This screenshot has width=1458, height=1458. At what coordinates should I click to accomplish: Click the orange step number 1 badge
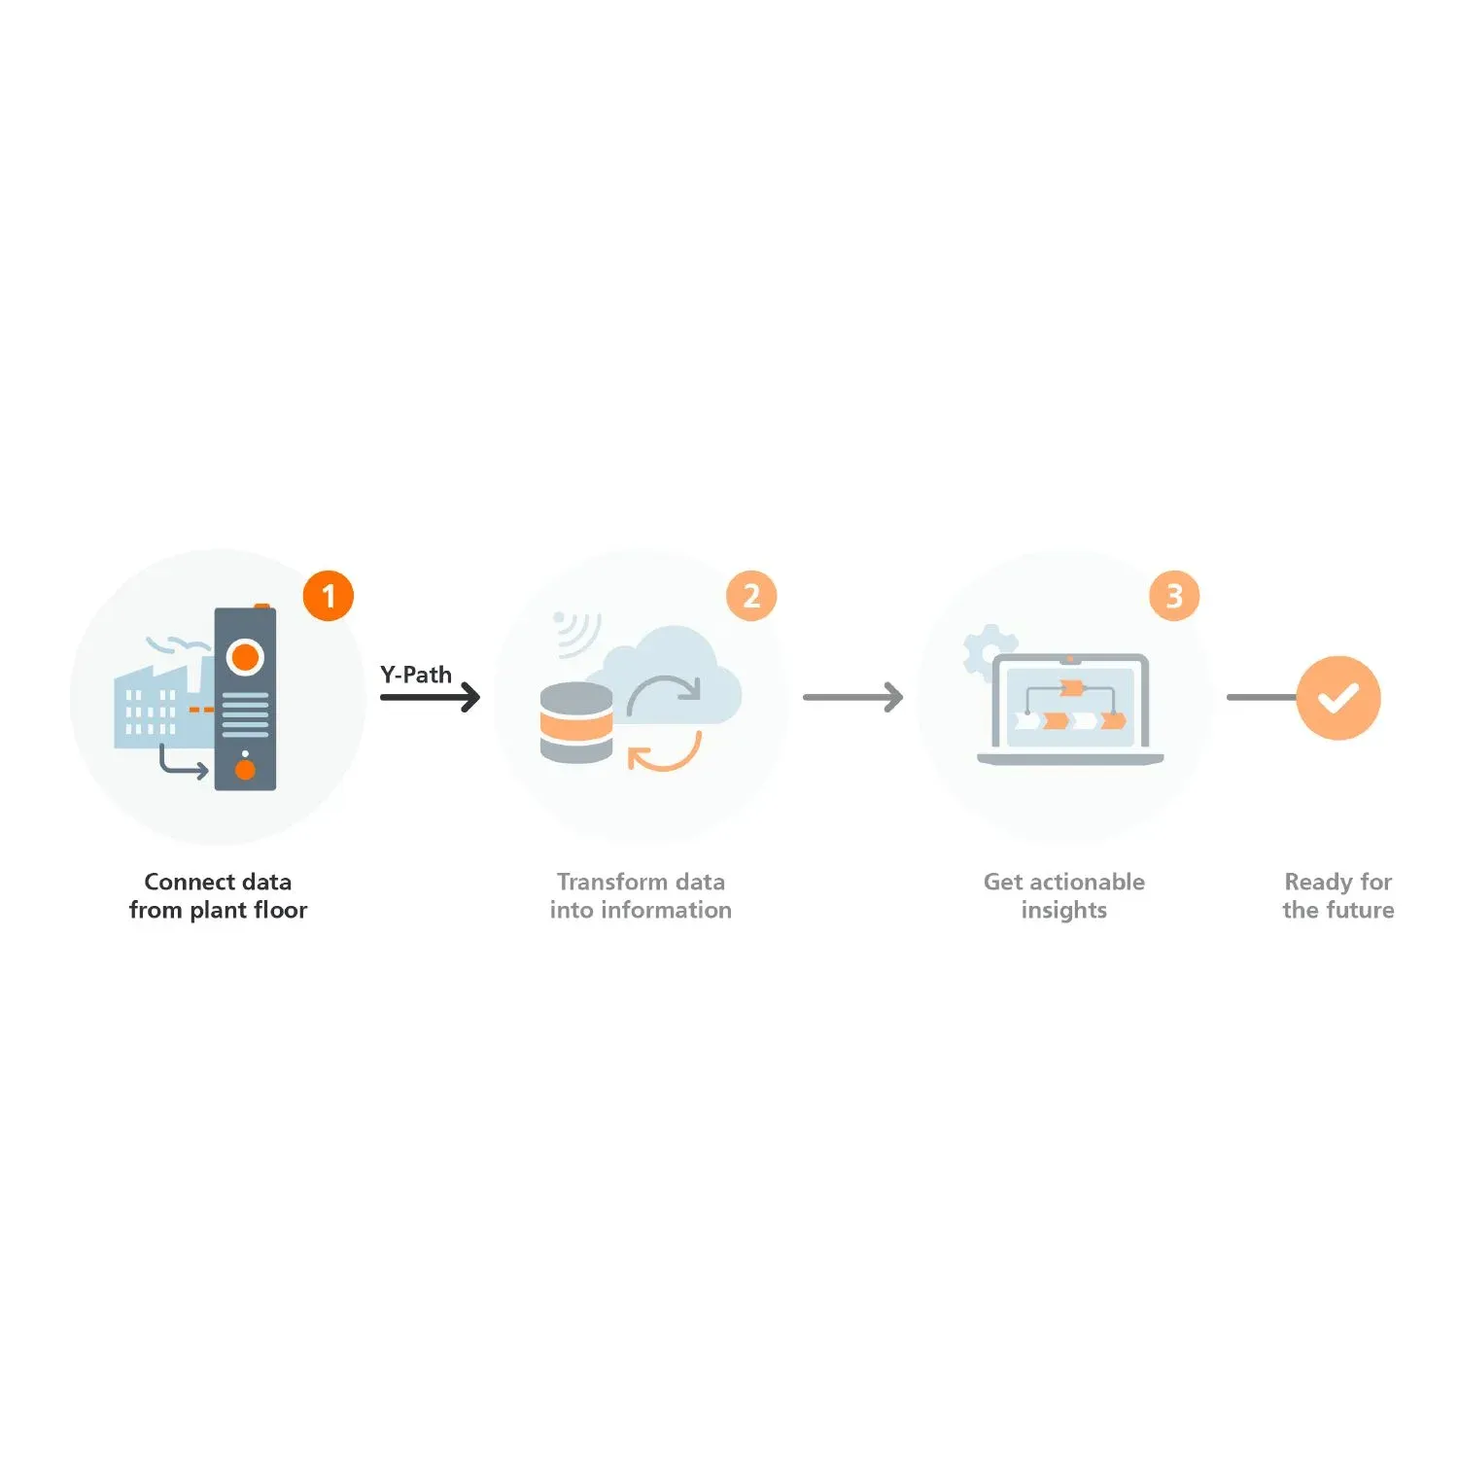point(329,596)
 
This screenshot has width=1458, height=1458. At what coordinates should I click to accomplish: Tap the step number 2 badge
point(751,596)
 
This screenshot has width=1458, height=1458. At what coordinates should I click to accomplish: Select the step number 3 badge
point(1174,596)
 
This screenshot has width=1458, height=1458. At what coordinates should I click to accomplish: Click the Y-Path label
point(416,675)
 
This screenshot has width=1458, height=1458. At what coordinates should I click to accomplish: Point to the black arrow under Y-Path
point(431,697)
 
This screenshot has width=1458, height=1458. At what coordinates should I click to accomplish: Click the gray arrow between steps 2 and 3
point(853,697)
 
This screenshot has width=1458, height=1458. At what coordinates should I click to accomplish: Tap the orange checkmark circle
point(1338,698)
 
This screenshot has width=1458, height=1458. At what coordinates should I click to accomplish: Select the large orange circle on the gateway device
point(245,657)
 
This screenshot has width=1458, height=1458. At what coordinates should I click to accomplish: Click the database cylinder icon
point(576,722)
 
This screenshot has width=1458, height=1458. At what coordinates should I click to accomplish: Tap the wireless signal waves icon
point(575,633)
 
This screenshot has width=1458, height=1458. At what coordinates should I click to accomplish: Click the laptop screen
point(1070,707)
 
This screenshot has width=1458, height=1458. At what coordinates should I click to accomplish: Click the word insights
point(1064,911)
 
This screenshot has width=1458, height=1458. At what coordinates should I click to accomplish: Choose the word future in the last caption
point(1360,910)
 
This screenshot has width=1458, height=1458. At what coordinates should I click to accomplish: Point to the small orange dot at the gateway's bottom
point(245,770)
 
